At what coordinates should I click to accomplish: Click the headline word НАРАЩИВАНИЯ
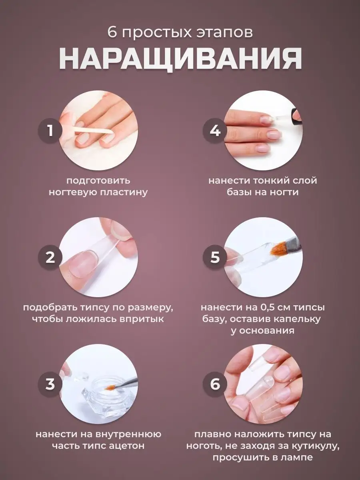pyautogui.click(x=180, y=58)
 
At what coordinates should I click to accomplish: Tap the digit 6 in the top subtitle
pyautogui.click(x=112, y=32)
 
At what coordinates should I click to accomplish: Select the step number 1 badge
pyautogui.click(x=50, y=130)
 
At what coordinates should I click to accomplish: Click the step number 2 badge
pyautogui.click(x=50, y=257)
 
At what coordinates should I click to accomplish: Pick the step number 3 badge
pyautogui.click(x=50, y=384)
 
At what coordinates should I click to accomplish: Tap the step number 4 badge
pyautogui.click(x=215, y=130)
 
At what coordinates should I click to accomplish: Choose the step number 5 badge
pyautogui.click(x=215, y=257)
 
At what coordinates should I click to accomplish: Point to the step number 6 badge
pyautogui.click(x=215, y=384)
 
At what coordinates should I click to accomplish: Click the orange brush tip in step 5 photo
pyautogui.click(x=277, y=250)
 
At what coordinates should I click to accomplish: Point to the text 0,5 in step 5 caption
pyautogui.click(x=267, y=308)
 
